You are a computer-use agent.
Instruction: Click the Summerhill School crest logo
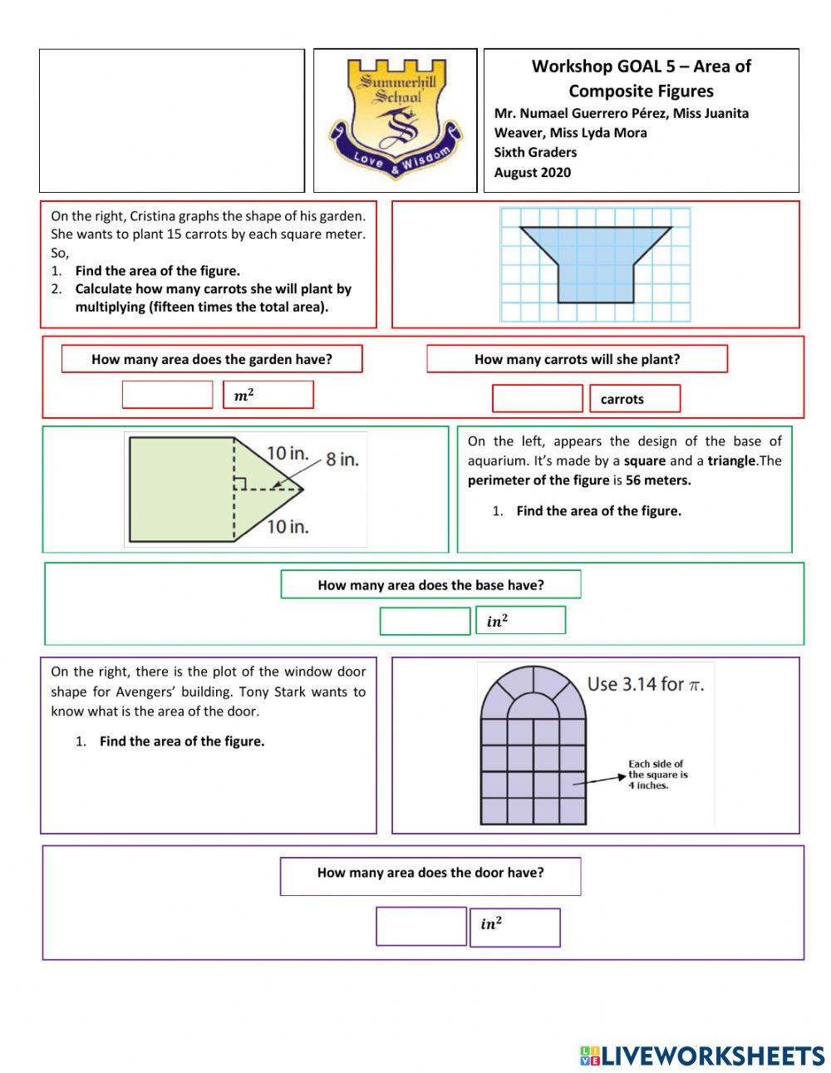pos(396,119)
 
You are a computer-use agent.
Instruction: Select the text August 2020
pos(533,173)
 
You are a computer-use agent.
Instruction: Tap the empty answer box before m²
pos(167,395)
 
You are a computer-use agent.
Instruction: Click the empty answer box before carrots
pos(537,399)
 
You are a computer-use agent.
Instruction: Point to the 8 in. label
pos(342,459)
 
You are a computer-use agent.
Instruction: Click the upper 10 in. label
pos(288,453)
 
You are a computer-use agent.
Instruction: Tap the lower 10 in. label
pos(288,526)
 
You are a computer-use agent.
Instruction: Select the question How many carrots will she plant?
pos(577,359)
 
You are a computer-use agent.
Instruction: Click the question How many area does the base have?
pos(430,585)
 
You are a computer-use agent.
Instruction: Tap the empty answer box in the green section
pos(425,621)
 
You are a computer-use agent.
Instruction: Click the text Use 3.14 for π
pos(646,684)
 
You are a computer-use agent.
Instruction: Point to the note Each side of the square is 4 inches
pos(657,775)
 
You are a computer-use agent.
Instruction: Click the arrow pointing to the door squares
pos(598,780)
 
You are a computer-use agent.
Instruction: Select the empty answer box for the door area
pos(420,926)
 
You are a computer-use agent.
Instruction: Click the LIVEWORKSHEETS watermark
pos(702,1056)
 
